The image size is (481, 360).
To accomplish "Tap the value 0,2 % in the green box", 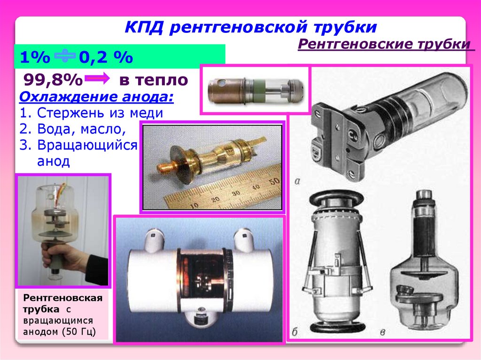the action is (106, 57).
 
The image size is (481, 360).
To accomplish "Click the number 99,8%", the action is (53, 80).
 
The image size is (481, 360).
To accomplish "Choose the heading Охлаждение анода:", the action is (96, 97).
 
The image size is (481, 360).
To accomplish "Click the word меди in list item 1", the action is (147, 113).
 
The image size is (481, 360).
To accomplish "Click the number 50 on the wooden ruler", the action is (272, 181).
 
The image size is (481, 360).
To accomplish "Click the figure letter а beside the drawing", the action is (297, 181).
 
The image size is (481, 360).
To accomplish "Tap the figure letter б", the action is (294, 332).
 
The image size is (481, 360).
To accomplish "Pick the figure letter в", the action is (382, 332).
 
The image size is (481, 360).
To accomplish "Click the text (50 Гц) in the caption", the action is (78, 332).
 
